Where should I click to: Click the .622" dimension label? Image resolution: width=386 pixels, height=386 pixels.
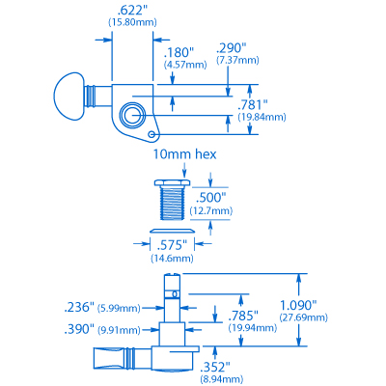click(132, 12)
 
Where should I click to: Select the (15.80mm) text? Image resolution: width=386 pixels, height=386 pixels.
click(132, 23)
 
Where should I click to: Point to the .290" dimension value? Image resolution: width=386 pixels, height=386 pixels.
click(232, 48)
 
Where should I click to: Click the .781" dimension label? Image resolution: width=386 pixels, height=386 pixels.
click(253, 104)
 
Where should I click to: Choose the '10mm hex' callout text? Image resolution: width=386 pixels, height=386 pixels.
click(184, 154)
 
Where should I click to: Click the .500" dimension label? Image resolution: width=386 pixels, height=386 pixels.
click(210, 198)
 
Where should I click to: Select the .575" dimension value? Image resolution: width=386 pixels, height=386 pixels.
click(172, 246)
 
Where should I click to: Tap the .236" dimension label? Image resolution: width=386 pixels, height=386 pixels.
click(79, 307)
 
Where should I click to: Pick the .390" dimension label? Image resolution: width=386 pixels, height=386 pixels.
click(79, 329)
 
